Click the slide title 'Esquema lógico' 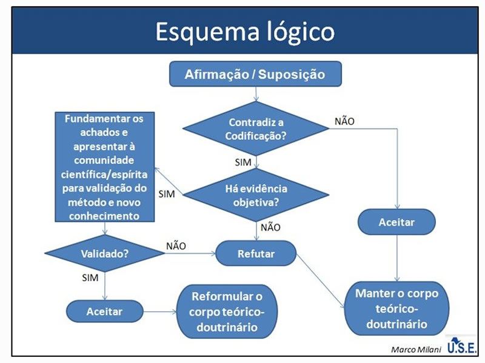(244, 32)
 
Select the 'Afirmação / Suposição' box (255, 75)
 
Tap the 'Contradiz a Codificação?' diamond (256, 128)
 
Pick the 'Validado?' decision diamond (104, 253)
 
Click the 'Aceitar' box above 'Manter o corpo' (396, 222)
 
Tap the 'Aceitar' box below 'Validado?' (104, 311)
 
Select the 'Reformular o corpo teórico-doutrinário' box (227, 312)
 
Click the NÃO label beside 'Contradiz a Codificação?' (344, 121)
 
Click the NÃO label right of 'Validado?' (176, 245)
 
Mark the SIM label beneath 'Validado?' (90, 278)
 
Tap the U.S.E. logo (462, 347)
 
